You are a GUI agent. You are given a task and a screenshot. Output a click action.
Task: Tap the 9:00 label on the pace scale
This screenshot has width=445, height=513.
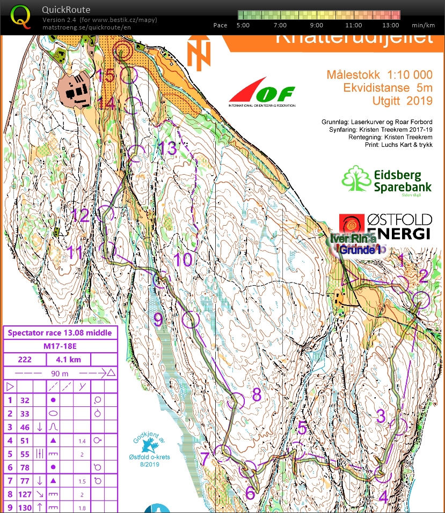pos(317,25)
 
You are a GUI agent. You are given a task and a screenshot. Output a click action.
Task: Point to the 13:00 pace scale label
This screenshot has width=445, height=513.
pos(391,25)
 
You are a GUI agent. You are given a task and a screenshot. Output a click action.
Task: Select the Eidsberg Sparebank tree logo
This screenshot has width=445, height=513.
pos(356,179)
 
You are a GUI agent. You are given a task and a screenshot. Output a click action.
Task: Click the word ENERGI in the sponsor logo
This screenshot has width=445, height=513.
pos(399,233)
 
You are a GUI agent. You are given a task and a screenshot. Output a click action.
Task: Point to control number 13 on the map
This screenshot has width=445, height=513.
pos(168,148)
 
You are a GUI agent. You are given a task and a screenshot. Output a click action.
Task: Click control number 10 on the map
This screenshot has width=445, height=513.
pos(183,260)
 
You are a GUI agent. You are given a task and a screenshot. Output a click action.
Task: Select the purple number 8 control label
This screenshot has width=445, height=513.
pos(257,395)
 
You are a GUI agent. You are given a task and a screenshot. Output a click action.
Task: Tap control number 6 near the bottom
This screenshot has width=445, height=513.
pos(250,493)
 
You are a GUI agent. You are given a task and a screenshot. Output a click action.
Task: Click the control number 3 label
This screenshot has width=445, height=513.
pos(381,415)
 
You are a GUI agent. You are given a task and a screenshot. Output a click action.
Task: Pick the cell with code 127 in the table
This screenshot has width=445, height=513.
pos(25,495)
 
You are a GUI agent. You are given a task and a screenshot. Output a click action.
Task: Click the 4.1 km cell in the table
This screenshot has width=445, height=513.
pos(68,359)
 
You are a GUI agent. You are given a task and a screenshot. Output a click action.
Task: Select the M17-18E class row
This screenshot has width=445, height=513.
pos(60,346)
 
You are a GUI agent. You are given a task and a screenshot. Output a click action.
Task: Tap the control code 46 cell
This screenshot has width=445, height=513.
pos(25,427)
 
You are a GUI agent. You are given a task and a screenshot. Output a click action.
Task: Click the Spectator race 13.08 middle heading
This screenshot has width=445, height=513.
pos(60,333)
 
